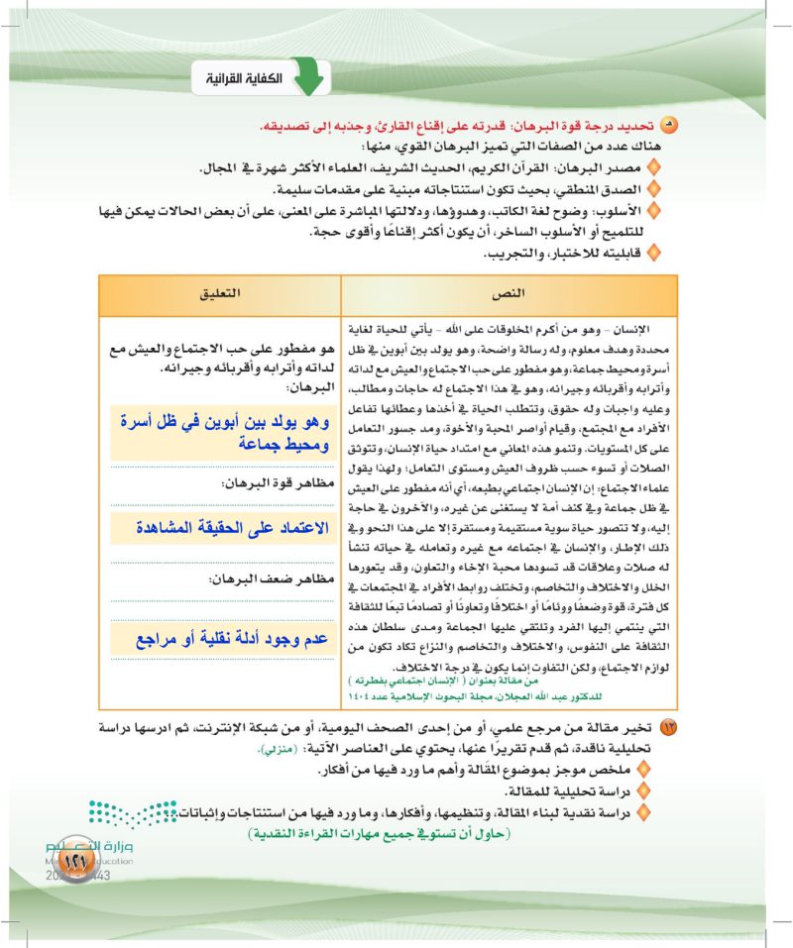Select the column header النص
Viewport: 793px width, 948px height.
509,295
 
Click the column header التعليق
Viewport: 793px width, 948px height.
220,295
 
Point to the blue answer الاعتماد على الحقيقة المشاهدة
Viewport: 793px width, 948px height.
221,528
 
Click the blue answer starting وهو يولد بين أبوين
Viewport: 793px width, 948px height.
221,428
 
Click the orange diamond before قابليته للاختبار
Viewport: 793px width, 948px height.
652,254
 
